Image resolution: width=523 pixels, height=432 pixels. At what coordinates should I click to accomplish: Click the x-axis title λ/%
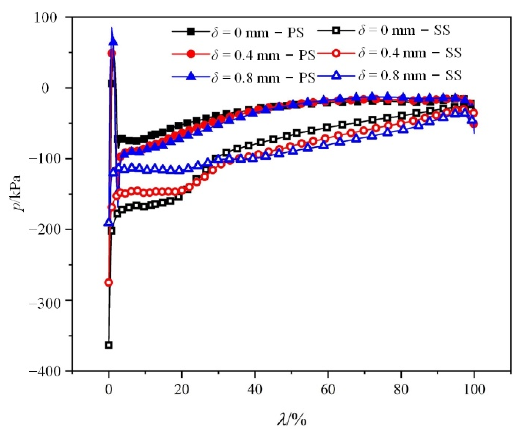click(292, 419)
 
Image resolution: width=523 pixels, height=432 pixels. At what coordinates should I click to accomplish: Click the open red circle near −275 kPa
click(109, 283)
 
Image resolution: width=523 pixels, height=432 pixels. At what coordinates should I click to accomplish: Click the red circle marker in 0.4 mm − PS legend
click(191, 54)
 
